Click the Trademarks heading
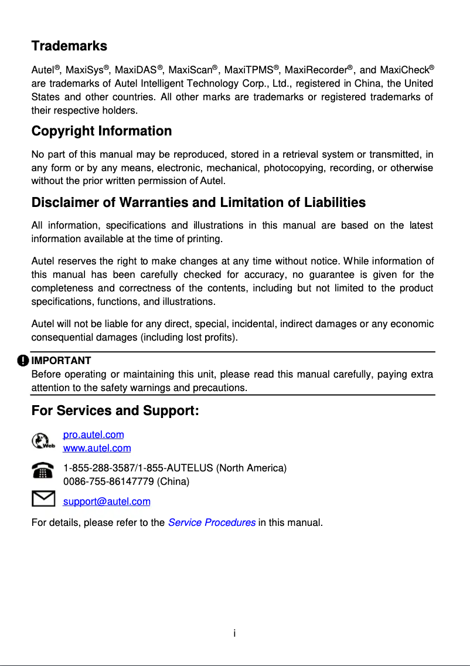pos(69,46)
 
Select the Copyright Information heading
pos(101,131)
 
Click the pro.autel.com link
pos(93,435)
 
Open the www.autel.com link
pos(97,448)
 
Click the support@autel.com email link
pos(106,502)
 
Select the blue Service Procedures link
pos(211,522)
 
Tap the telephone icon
pos(42,471)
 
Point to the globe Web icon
pos(42,441)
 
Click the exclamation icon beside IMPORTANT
pos(22,360)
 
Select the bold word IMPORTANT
pos(61,360)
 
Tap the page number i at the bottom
pos(234,633)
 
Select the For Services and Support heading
pos(115,411)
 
